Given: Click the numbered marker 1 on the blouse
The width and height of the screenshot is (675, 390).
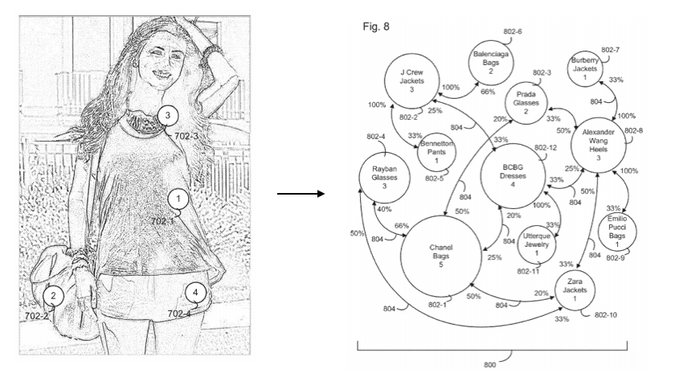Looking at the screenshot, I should [x=178, y=196].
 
